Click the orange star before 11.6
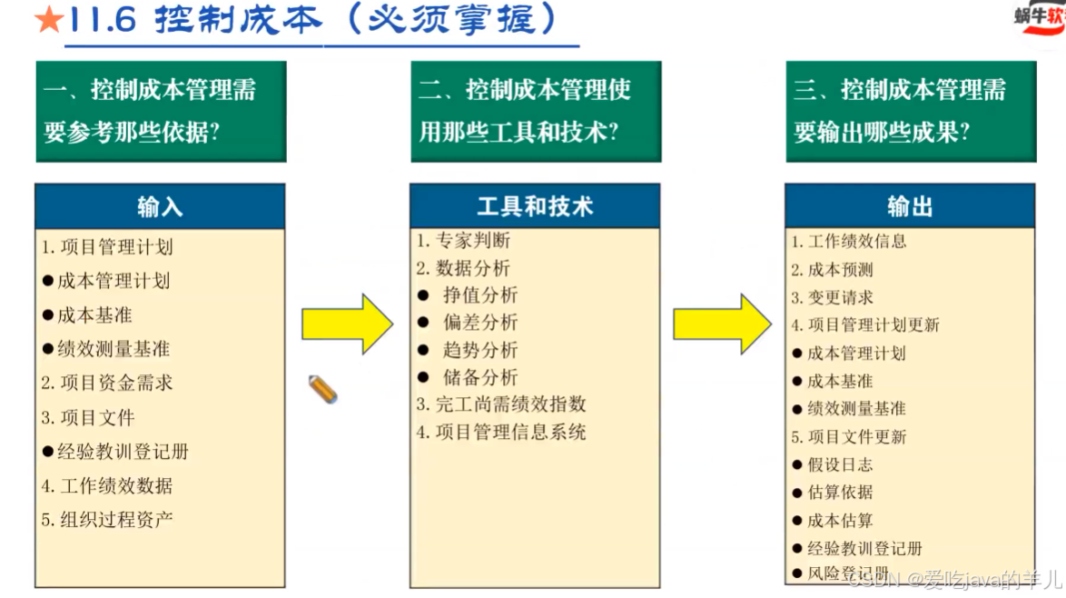coord(48,21)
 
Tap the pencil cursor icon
coord(322,389)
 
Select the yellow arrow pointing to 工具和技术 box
coord(347,324)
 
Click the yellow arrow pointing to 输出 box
coord(722,324)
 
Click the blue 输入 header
coord(160,206)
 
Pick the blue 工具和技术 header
coord(535,206)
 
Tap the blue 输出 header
coord(910,206)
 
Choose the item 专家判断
coord(472,241)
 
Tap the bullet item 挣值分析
coord(480,295)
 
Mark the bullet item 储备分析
coord(480,377)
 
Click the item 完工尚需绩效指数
coord(510,404)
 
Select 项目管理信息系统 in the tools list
coord(510,433)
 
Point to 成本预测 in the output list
coord(840,270)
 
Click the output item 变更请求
coord(840,297)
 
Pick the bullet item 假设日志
coord(840,464)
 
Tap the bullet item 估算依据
coord(840,493)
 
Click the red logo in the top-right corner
coord(1042,20)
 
